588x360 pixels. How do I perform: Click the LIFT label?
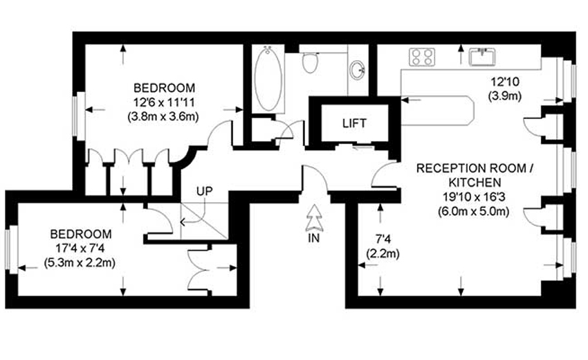[354, 123]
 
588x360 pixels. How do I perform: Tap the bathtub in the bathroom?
[268, 78]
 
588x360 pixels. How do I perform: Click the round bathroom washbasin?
[358, 70]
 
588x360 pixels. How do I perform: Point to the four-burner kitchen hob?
[422, 57]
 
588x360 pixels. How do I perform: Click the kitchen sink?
[482, 57]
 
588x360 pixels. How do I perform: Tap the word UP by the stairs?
[204, 191]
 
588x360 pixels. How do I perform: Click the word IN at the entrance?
[314, 238]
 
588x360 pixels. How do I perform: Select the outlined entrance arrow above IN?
[314, 217]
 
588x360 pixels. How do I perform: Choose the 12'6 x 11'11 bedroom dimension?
[164, 102]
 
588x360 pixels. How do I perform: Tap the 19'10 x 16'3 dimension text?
[474, 197]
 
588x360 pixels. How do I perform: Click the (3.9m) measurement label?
[505, 96]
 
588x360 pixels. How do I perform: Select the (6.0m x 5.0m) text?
[474, 211]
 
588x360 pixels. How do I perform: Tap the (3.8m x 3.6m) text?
[163, 116]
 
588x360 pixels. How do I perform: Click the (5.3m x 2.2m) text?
[80, 262]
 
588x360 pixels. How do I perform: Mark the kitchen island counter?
[437, 111]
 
